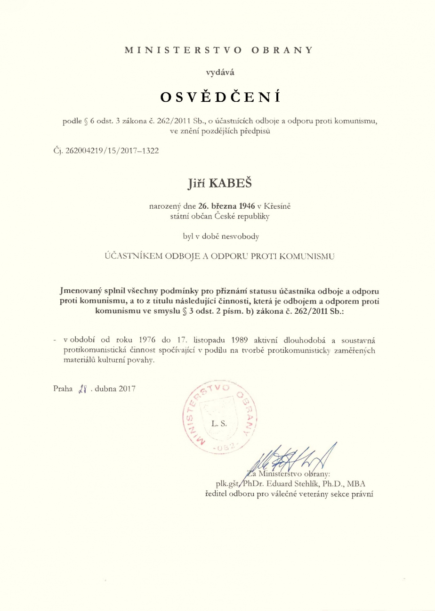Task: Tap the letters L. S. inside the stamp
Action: click(220, 424)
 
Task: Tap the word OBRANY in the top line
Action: click(281, 49)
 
